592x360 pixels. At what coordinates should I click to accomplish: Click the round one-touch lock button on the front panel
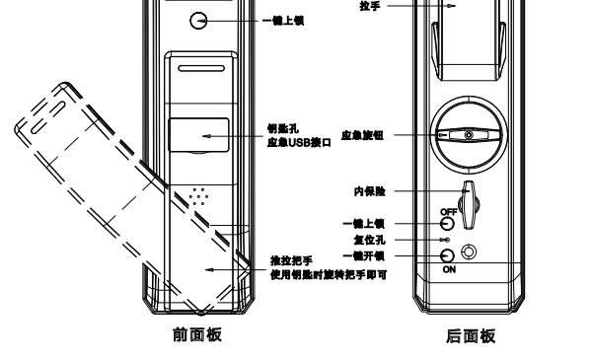(x=199, y=20)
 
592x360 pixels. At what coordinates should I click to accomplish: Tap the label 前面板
(x=198, y=336)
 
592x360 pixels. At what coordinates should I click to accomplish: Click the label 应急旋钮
(x=363, y=135)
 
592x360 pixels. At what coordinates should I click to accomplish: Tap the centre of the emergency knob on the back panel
(x=470, y=135)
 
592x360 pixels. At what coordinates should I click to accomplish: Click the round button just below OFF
(x=447, y=224)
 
